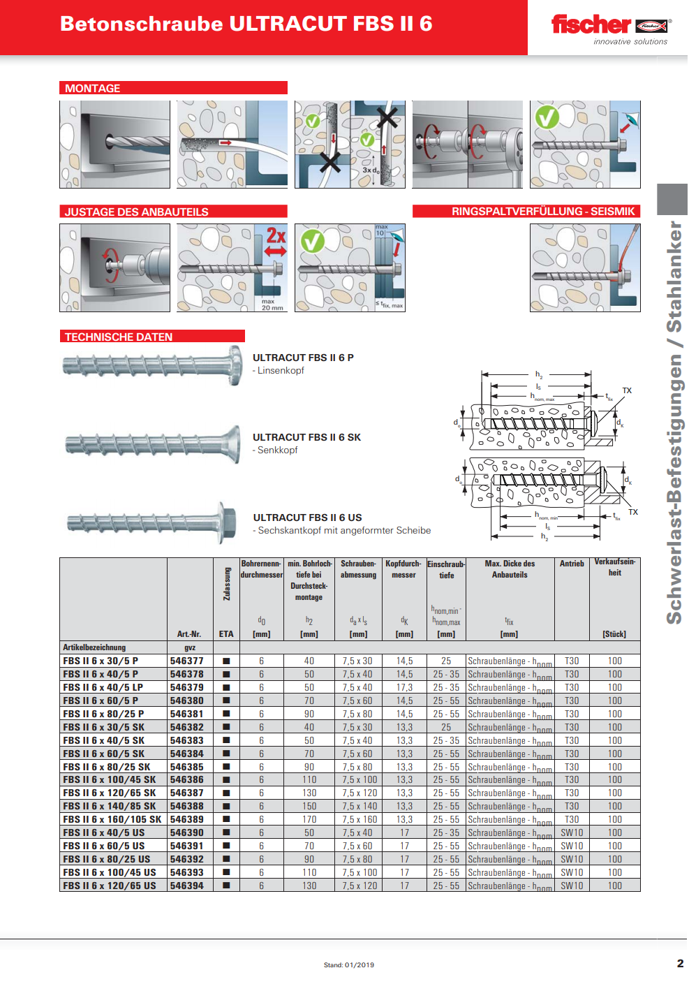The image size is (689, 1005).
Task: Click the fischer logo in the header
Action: (609, 26)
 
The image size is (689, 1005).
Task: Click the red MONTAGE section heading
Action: (93, 88)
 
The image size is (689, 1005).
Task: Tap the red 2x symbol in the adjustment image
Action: (276, 236)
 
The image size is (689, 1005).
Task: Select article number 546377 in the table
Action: (186, 661)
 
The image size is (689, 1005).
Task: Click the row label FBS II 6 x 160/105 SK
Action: (112, 819)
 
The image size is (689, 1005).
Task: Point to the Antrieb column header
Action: (572, 564)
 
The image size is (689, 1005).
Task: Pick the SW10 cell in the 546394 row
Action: (572, 886)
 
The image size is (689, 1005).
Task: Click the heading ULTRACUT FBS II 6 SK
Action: (306, 437)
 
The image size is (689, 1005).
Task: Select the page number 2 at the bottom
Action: (680, 963)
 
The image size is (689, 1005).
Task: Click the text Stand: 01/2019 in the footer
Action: (349, 965)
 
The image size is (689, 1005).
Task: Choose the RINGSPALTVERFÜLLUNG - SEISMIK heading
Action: (543, 211)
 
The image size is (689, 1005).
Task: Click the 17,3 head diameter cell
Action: (404, 687)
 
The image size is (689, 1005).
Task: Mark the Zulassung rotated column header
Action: (226, 584)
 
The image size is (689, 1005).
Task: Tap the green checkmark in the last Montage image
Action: (547, 117)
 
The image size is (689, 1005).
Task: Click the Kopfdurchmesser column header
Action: (403, 569)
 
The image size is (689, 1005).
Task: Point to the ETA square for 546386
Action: (226, 779)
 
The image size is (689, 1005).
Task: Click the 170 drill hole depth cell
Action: (309, 819)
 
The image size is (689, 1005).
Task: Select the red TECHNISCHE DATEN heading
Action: (119, 337)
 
